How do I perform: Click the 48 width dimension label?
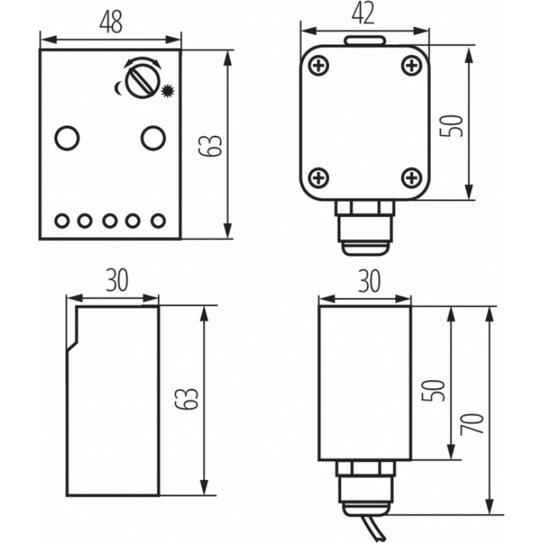click(111, 22)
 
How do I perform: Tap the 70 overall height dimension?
click(474, 422)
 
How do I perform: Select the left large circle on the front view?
click(66, 137)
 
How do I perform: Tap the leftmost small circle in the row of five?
click(61, 221)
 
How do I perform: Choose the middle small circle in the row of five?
click(109, 221)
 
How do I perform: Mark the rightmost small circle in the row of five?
click(157, 221)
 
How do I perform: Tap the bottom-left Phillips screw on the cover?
click(318, 178)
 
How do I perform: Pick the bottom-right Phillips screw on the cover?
click(411, 178)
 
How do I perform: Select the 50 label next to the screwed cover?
click(454, 124)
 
